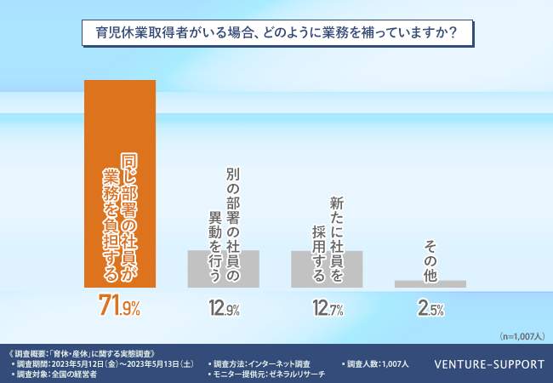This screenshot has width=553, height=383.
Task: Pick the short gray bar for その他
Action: click(430, 284)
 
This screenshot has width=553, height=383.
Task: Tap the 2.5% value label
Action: click(430, 310)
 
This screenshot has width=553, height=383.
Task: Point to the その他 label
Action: click(430, 260)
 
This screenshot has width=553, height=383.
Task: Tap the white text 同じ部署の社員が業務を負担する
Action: click(119, 218)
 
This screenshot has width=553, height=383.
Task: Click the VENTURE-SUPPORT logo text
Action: click(488, 364)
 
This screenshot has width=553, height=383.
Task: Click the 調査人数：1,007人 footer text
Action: click(379, 364)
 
